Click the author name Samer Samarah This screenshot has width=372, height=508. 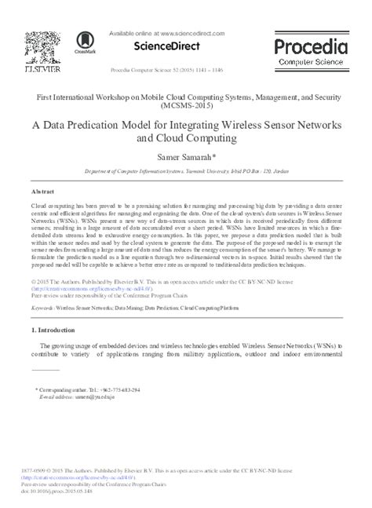[x=186, y=157]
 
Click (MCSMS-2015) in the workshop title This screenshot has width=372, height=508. [x=185, y=104]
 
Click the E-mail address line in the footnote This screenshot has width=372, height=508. [x=67, y=397]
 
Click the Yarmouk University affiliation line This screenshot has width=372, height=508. [x=185, y=171]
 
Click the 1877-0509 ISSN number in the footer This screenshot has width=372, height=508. [x=35, y=471]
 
